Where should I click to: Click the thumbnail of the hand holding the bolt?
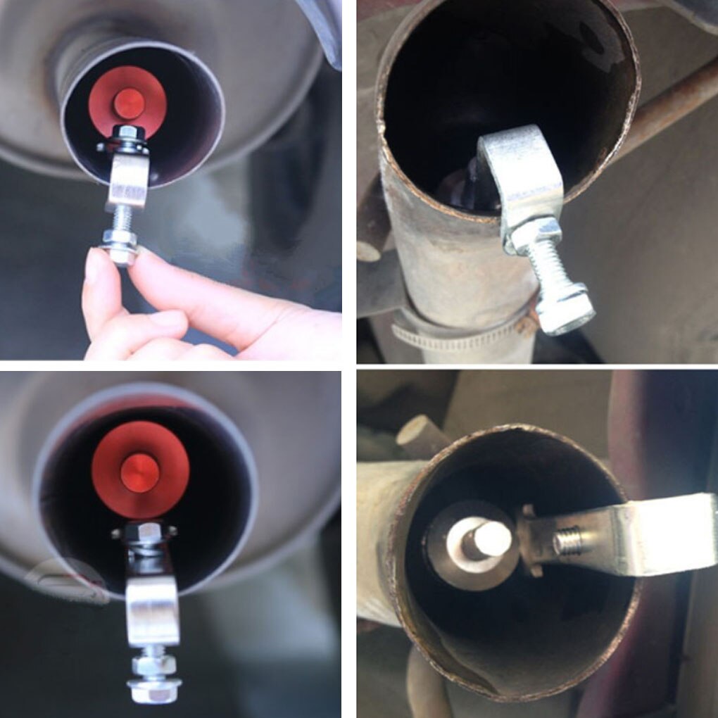pos(170,179)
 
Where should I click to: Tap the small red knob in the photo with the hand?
pos(130,103)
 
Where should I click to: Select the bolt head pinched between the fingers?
pos(122,253)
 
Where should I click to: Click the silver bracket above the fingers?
pos(127,182)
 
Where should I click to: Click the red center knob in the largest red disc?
pos(139,472)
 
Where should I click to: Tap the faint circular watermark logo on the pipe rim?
pos(63,581)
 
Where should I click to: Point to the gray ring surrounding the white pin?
pos(451,563)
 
